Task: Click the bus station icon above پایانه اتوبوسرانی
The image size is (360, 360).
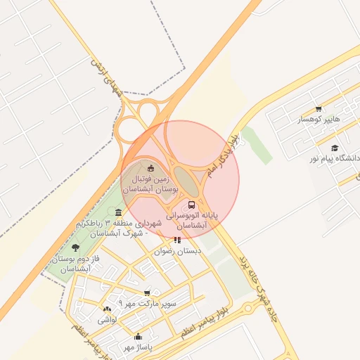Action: pos(192,205)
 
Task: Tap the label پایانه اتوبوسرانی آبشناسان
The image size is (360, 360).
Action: pos(193,219)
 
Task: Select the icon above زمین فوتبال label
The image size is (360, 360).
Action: pos(151,167)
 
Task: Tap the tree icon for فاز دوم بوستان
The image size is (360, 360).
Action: pos(75,247)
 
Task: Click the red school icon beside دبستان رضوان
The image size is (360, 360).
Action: pos(176,240)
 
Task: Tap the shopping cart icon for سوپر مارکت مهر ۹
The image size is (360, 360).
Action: pos(146,292)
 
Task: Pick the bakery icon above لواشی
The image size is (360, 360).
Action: pos(107,309)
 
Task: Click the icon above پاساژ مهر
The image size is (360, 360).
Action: pos(138,336)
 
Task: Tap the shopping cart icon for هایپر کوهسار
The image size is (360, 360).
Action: pos(319,108)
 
